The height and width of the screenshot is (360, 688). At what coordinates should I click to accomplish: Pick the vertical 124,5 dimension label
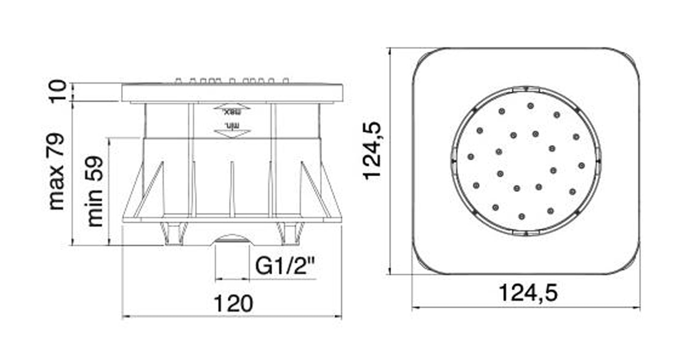[372, 150]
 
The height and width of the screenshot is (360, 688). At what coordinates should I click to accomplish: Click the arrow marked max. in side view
[232, 109]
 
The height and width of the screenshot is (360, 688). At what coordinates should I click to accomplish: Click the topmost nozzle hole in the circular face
[530, 106]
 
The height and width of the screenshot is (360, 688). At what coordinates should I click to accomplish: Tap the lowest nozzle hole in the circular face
[522, 216]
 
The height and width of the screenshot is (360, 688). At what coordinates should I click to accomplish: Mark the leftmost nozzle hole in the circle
[471, 157]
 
